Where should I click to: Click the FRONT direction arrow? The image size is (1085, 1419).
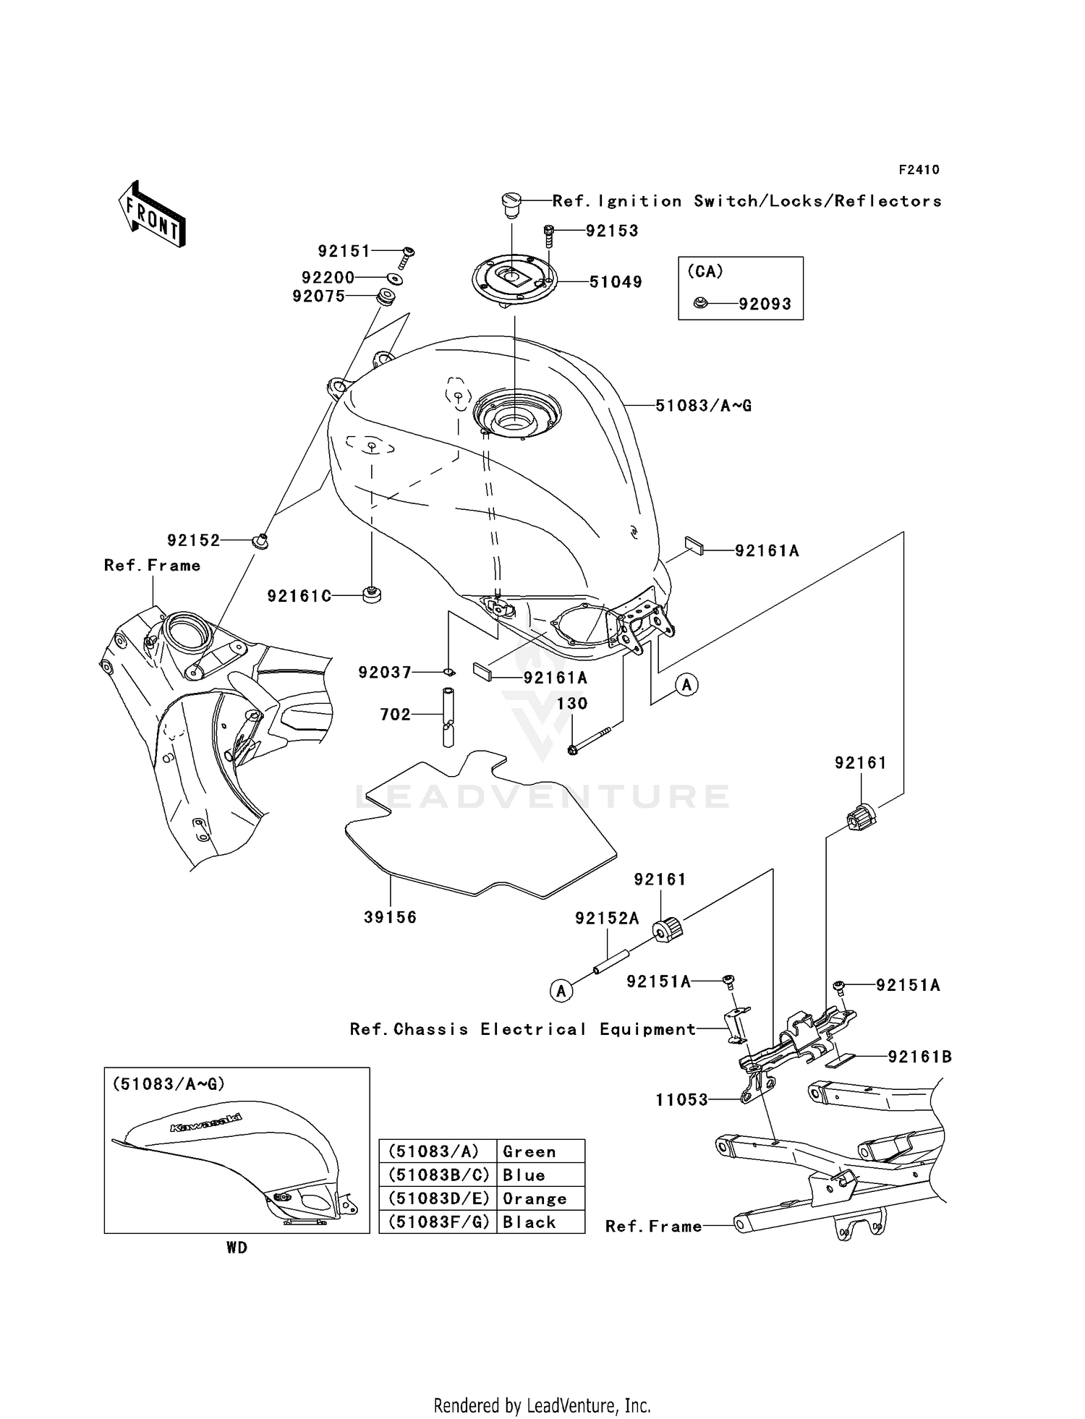[153, 214]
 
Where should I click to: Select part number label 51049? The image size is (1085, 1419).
[616, 282]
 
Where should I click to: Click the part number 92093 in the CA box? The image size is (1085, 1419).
[765, 304]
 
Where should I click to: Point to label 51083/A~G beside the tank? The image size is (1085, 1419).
[703, 406]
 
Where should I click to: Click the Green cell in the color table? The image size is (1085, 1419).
[529, 1151]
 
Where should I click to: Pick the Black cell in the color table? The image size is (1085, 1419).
[529, 1222]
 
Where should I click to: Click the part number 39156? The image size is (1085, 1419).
[390, 917]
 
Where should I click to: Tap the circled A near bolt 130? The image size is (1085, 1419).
[687, 683]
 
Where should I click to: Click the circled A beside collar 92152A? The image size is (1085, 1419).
[562, 990]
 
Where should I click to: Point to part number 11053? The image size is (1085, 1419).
[681, 1100]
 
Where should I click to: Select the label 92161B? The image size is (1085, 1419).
[919, 1057]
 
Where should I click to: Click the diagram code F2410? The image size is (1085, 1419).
[919, 170]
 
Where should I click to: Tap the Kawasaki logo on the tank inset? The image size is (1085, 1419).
[206, 1123]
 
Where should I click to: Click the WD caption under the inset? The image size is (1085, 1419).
[237, 1248]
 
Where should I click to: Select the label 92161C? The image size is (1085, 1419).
[299, 596]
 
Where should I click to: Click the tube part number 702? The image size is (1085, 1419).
[395, 715]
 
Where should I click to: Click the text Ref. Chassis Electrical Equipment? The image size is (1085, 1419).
[522, 1029]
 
